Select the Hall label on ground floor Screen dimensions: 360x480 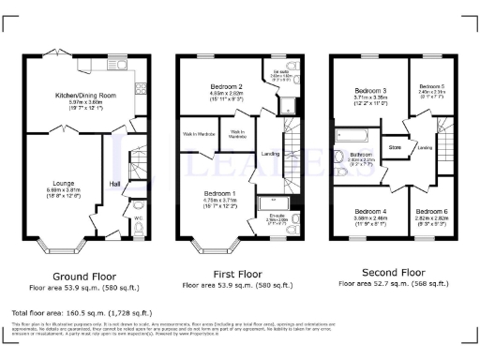pos(116,184)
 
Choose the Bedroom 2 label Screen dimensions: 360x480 pos(225,85)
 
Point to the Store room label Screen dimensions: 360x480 pos(395,147)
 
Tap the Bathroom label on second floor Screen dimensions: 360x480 pos(362,154)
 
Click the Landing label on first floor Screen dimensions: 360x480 pos(270,153)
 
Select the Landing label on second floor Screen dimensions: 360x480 pos(425,147)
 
